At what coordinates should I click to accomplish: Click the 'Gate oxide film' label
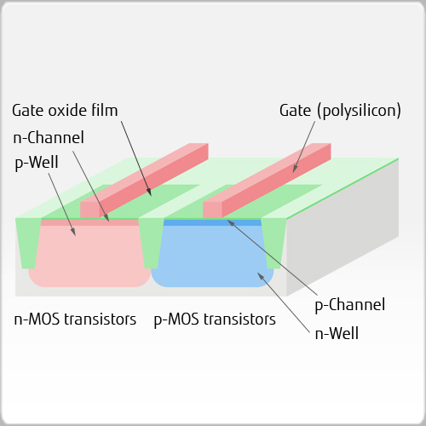tap(65, 110)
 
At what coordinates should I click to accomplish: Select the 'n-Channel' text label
tap(48, 136)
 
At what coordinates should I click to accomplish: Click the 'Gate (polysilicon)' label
tap(340, 110)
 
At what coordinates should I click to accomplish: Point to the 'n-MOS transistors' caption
tap(75, 320)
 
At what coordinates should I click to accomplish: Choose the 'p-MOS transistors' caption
tap(215, 320)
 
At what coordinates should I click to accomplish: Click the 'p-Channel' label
tap(350, 304)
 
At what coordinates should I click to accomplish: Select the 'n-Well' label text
tap(337, 333)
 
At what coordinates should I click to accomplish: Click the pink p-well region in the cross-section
tap(85, 256)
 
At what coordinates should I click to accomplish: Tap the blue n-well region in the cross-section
tap(213, 256)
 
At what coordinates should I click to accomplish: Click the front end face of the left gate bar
tap(89, 210)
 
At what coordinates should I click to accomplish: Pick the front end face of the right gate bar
tap(212, 210)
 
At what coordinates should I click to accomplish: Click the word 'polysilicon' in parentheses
tap(359, 111)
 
